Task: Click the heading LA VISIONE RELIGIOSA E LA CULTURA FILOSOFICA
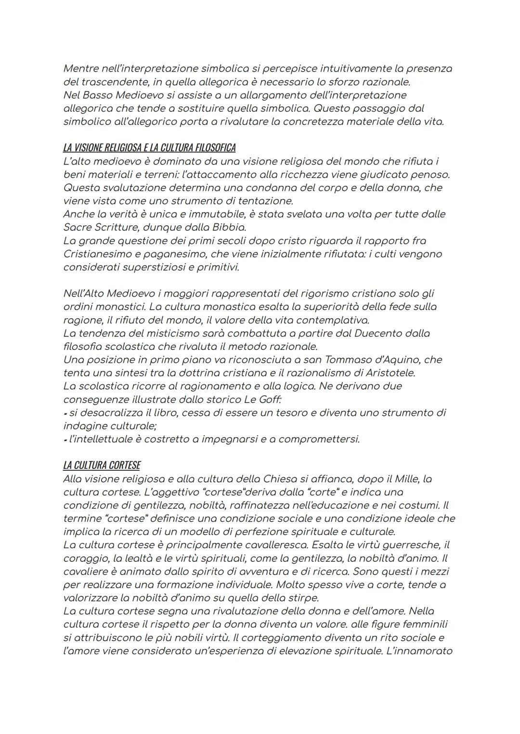149,147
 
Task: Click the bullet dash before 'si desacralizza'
65,413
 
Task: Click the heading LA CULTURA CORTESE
102,465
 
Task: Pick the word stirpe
301,598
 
